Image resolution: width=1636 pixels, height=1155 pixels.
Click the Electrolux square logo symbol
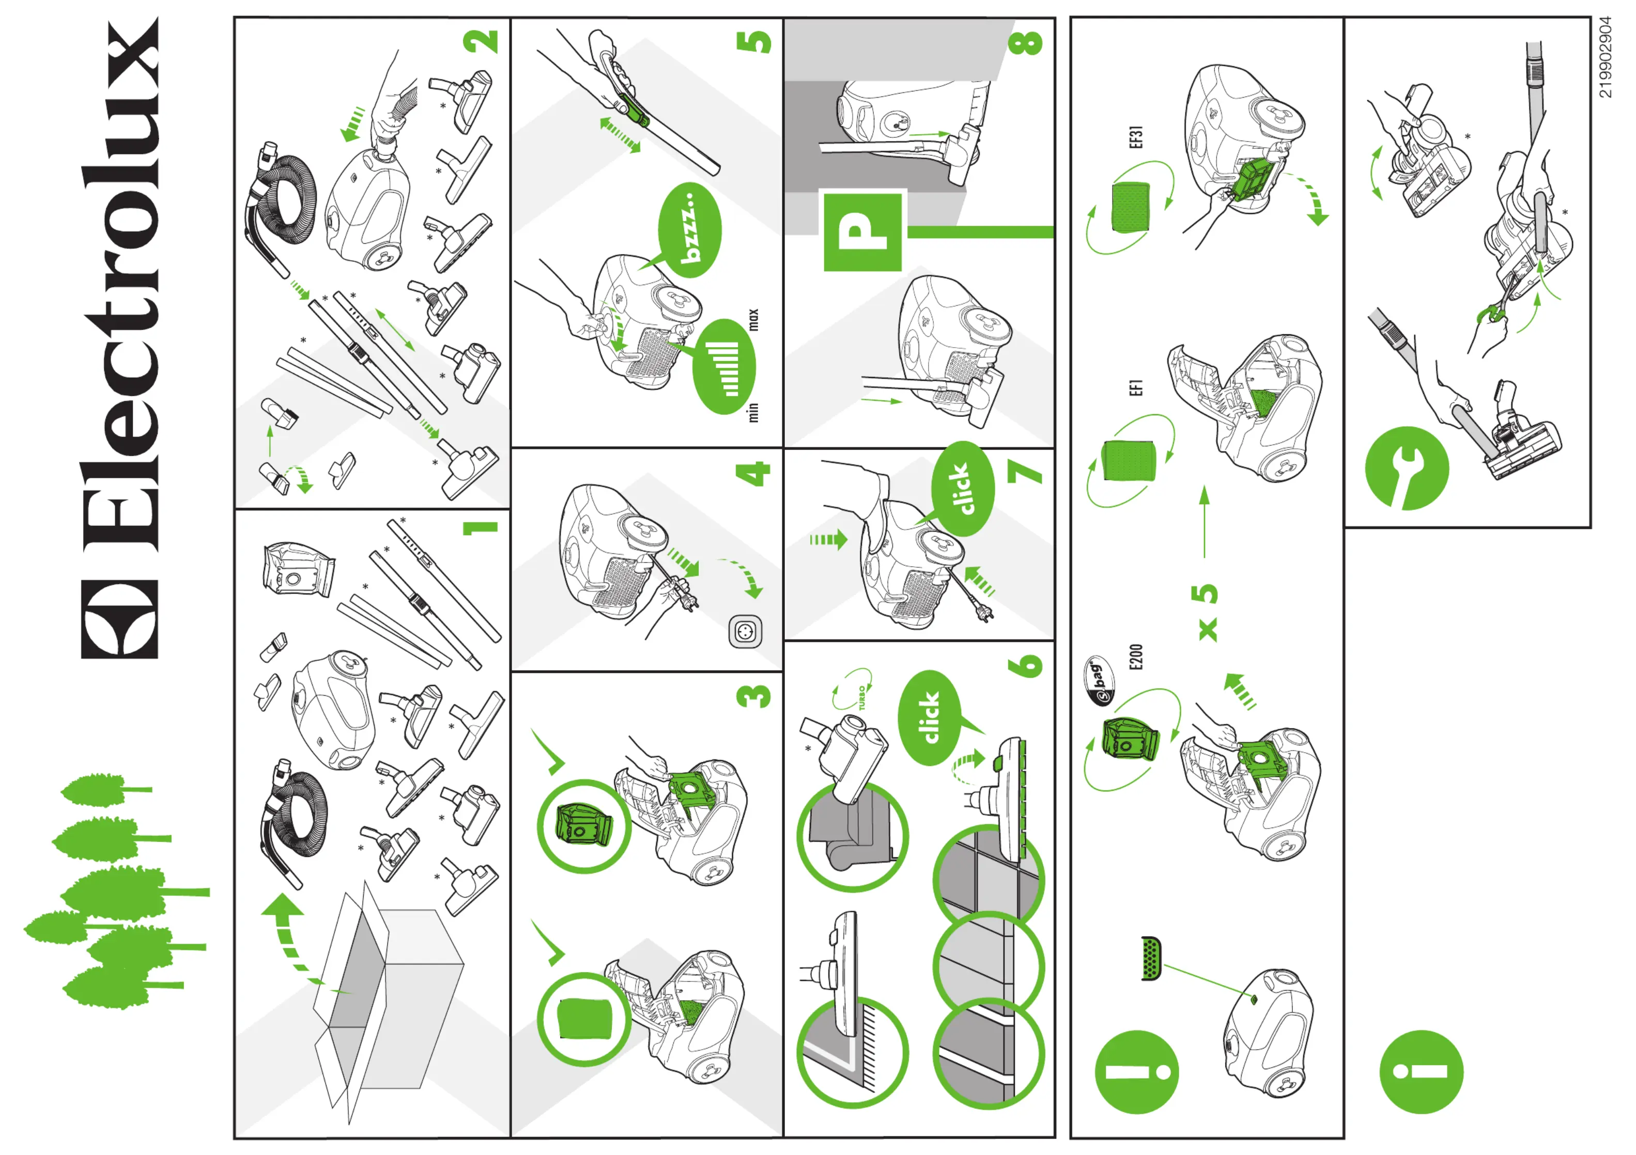120,619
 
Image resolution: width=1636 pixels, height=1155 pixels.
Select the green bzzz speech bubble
690,230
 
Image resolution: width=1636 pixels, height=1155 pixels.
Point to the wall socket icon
745,632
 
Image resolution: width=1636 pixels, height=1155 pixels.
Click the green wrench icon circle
1407,468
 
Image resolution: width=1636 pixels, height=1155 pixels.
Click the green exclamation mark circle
1136,1072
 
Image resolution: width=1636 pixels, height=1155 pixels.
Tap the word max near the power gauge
753,320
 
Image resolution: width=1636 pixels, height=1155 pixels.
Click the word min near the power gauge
753,412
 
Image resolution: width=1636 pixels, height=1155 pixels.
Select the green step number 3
754,696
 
